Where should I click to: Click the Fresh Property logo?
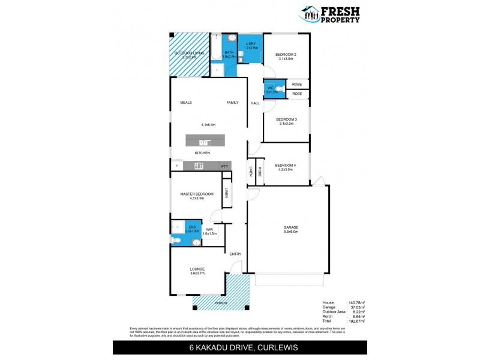331,13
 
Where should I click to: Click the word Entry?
235,254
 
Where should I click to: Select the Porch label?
221,304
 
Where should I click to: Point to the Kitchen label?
202,154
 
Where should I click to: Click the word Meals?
186,103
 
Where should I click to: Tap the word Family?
232,103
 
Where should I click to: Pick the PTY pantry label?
224,166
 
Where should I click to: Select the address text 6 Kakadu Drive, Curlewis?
239,349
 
